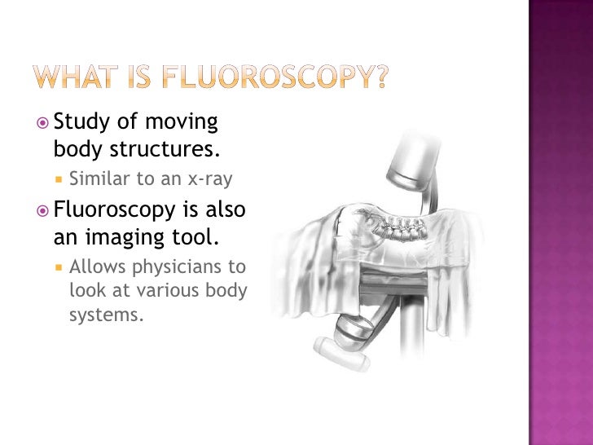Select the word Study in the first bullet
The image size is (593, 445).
coord(80,123)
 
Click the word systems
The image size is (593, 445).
coord(106,315)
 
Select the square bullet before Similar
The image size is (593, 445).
coord(60,178)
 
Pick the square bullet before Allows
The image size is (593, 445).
coord(60,267)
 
